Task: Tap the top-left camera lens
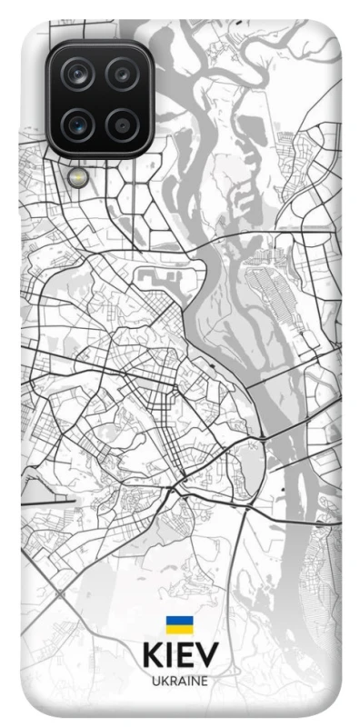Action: click(78, 75)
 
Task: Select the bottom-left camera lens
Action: click(78, 122)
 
